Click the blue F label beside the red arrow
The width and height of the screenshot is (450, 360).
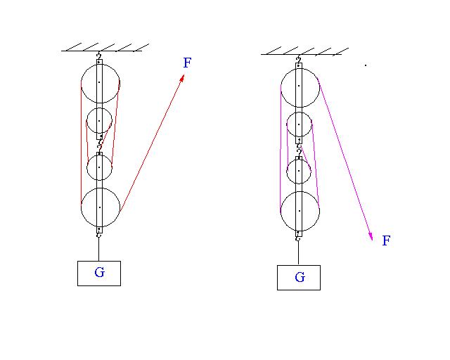(x=187, y=63)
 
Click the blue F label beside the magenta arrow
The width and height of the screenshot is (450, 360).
(x=386, y=240)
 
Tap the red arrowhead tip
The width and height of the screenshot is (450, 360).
(x=184, y=75)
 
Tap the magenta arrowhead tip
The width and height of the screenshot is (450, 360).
(x=373, y=240)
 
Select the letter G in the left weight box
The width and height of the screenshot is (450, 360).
(x=99, y=272)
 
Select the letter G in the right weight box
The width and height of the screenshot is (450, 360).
(x=300, y=277)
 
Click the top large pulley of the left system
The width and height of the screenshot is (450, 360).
(x=82, y=83)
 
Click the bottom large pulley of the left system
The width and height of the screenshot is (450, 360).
(x=82, y=207)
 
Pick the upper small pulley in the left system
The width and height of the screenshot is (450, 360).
(x=86, y=120)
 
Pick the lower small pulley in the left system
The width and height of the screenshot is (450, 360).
(x=86, y=167)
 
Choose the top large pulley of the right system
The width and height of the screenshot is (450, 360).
(x=281, y=87)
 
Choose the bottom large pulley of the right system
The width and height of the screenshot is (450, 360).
(x=281, y=211)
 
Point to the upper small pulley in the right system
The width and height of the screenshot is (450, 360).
(x=287, y=124)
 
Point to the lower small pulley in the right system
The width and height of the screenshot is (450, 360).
(x=287, y=171)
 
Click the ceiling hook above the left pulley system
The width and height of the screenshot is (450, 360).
(x=99, y=56)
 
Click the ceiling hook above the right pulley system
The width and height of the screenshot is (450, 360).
(x=299, y=59)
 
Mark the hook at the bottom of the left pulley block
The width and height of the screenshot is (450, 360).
(x=98, y=235)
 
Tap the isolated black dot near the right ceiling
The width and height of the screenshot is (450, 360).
(x=366, y=65)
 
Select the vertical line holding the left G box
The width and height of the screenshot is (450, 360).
(x=98, y=250)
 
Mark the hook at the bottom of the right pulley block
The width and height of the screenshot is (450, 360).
(x=298, y=238)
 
